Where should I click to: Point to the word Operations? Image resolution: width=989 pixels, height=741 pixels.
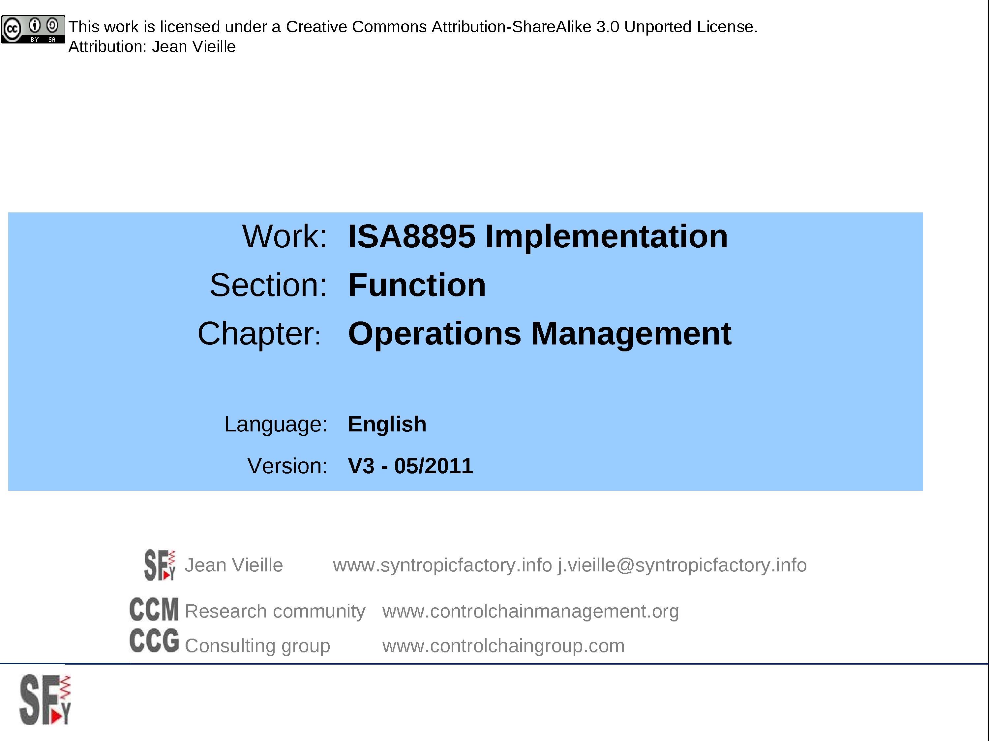[x=434, y=334]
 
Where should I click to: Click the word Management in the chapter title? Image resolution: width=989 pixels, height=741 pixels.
[x=631, y=334]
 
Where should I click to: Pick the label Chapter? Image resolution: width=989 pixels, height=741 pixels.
[x=259, y=334]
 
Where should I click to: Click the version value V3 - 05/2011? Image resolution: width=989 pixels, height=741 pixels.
[x=410, y=466]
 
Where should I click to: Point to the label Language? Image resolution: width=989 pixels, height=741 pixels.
[x=276, y=424]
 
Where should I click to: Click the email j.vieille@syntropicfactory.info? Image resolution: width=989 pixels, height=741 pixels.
[x=682, y=565]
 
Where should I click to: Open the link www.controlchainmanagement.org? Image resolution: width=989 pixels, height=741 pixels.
[x=530, y=611]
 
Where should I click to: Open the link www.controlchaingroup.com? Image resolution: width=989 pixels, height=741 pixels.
[x=503, y=646]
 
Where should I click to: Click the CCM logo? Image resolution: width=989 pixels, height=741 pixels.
[x=154, y=610]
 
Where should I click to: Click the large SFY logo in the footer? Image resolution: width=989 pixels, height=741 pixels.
[x=45, y=700]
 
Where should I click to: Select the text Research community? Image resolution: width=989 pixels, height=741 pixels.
[x=275, y=611]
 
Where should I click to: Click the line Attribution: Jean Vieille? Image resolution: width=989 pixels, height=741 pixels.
[x=152, y=46]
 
